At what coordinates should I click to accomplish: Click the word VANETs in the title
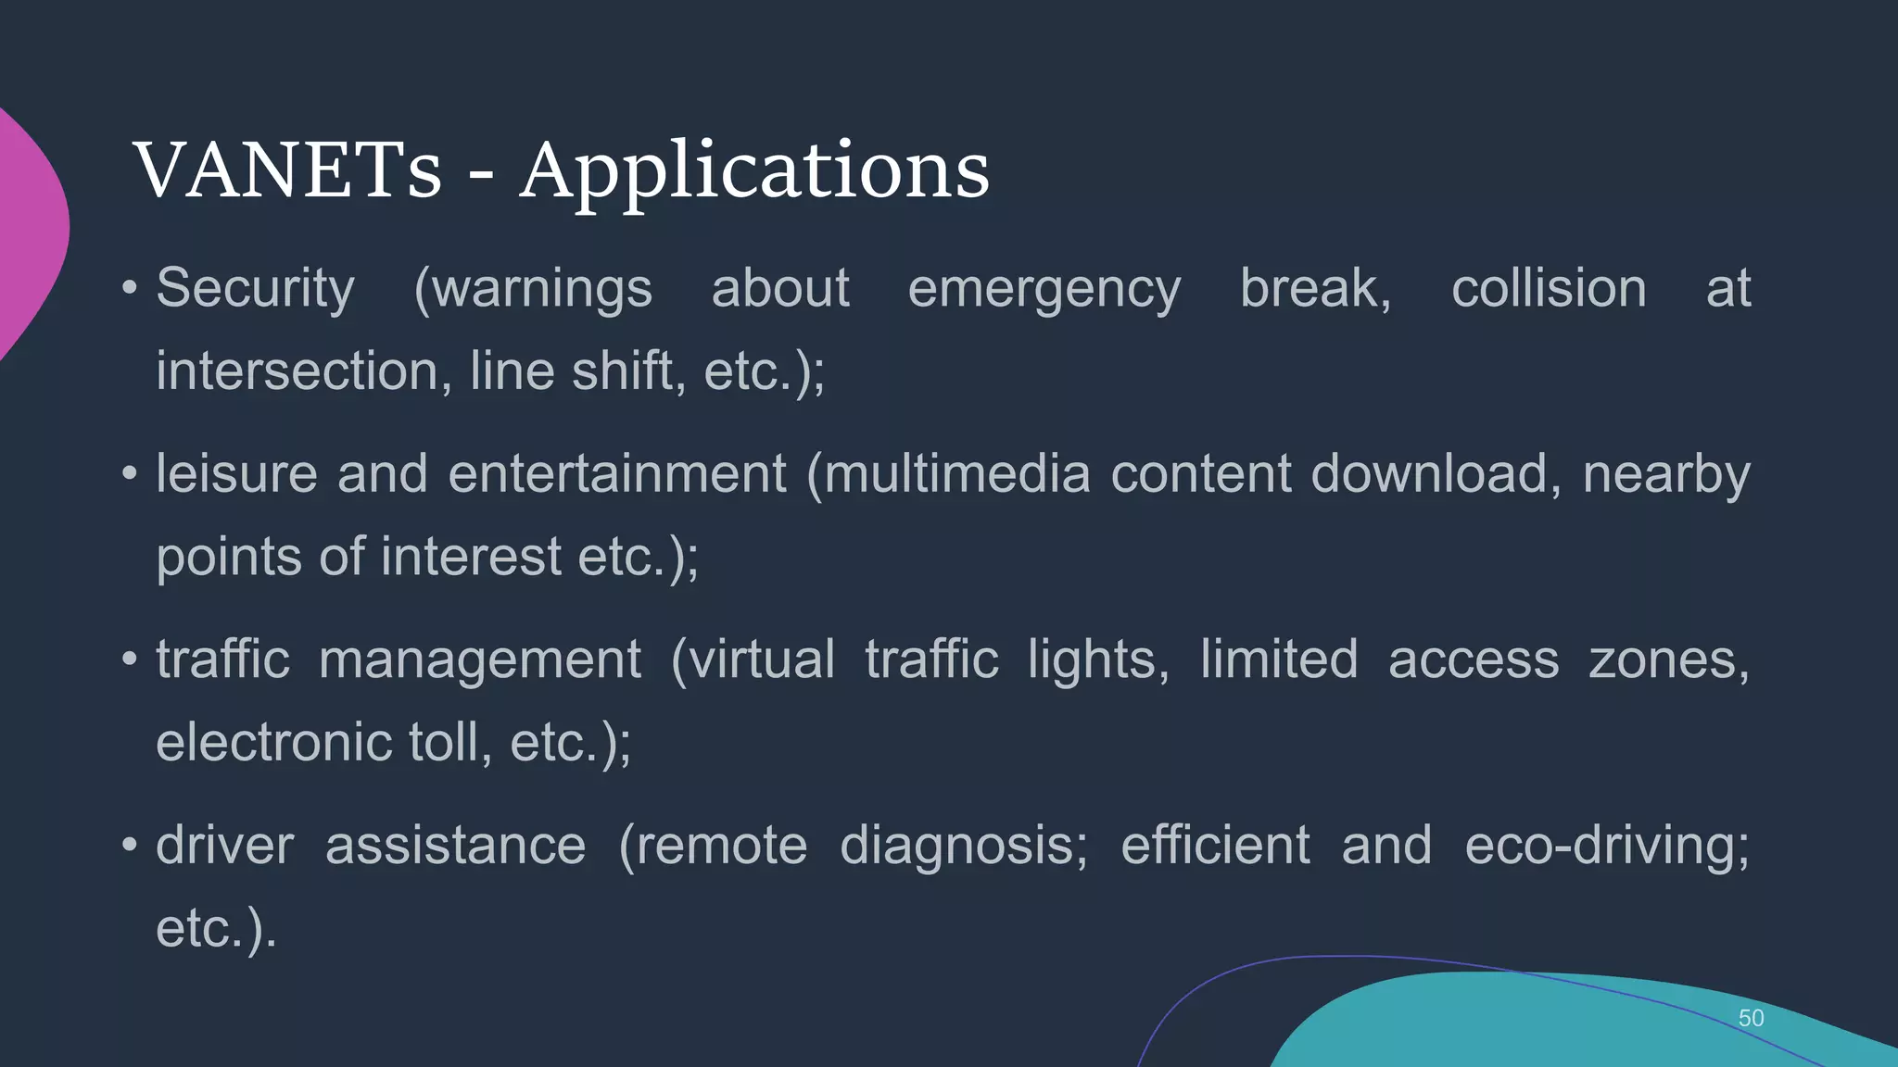coord(287,170)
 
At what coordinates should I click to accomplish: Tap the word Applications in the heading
coord(754,172)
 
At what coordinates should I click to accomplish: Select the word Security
coord(255,289)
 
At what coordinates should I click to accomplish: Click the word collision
coord(1549,289)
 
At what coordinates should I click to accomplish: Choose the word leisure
coord(236,474)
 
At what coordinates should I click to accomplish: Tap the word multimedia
coord(956,474)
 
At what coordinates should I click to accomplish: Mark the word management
coord(480,661)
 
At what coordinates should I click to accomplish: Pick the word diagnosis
coord(964,847)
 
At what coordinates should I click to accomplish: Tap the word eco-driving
coord(1606,846)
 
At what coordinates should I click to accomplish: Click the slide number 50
coord(1751,1018)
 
